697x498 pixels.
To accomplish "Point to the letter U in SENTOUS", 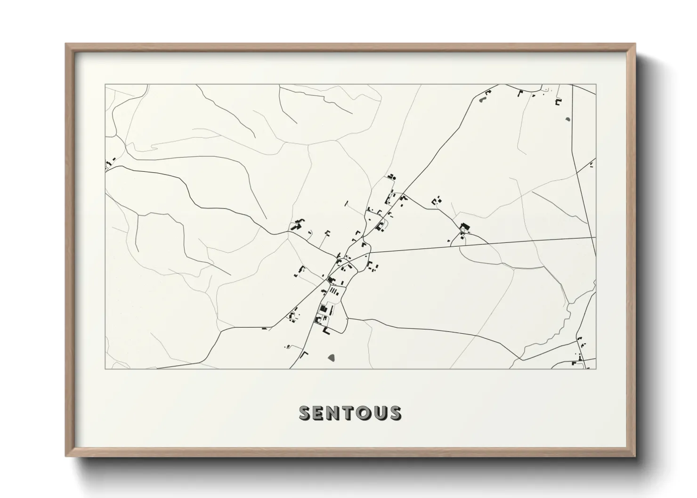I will (x=381, y=413).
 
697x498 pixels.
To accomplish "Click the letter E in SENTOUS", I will (x=319, y=413).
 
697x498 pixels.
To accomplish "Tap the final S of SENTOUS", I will (x=396, y=413).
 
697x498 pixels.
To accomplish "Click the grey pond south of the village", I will (x=332, y=358).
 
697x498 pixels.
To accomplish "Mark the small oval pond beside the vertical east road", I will (x=567, y=119).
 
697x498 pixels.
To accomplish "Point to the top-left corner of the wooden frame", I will (x=66, y=44).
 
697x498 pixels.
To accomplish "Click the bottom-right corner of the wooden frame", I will (x=635, y=457).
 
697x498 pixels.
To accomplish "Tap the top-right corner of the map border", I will (x=596, y=85).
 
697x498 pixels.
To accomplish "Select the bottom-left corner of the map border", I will (x=105, y=369).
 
